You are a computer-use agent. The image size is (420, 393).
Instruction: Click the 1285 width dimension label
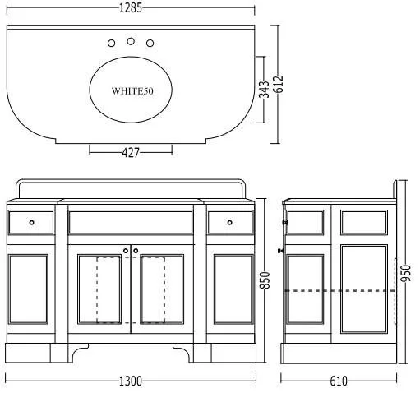click(131, 7)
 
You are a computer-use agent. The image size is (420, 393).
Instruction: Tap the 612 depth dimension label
click(279, 84)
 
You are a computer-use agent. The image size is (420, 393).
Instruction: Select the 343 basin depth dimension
click(264, 89)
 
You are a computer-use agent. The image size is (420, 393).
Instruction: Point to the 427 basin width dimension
click(131, 152)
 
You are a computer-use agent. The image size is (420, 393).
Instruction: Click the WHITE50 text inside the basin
click(132, 91)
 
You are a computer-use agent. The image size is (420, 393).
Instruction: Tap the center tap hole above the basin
click(131, 41)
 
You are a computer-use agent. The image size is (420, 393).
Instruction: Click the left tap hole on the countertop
click(111, 44)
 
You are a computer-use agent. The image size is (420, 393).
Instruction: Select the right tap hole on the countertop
click(150, 44)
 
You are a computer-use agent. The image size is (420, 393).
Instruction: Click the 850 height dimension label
click(265, 280)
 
